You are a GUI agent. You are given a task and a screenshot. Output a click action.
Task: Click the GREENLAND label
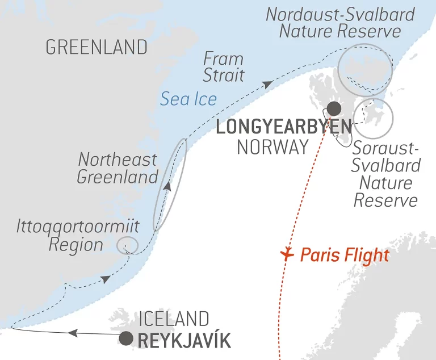[x=96, y=47]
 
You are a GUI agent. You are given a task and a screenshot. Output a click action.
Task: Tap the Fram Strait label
[x=224, y=66]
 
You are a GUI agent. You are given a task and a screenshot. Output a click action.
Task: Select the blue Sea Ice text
[x=188, y=99]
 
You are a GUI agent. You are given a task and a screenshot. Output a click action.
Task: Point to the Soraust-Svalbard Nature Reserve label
[x=386, y=175]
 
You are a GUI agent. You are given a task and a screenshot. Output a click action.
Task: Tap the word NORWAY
[x=272, y=148]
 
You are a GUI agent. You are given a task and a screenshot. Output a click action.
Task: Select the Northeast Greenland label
[x=118, y=168]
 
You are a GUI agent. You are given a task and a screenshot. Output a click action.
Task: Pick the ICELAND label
[x=174, y=319]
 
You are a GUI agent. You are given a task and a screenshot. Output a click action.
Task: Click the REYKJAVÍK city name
[x=184, y=341]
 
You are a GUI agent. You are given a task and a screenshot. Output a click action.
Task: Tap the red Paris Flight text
[x=345, y=256]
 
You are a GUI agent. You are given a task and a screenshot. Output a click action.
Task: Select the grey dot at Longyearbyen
[x=334, y=108]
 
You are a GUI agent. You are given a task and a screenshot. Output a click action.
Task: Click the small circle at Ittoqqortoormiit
[x=127, y=246]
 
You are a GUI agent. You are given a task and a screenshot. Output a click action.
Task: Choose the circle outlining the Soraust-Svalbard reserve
[x=373, y=119]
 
